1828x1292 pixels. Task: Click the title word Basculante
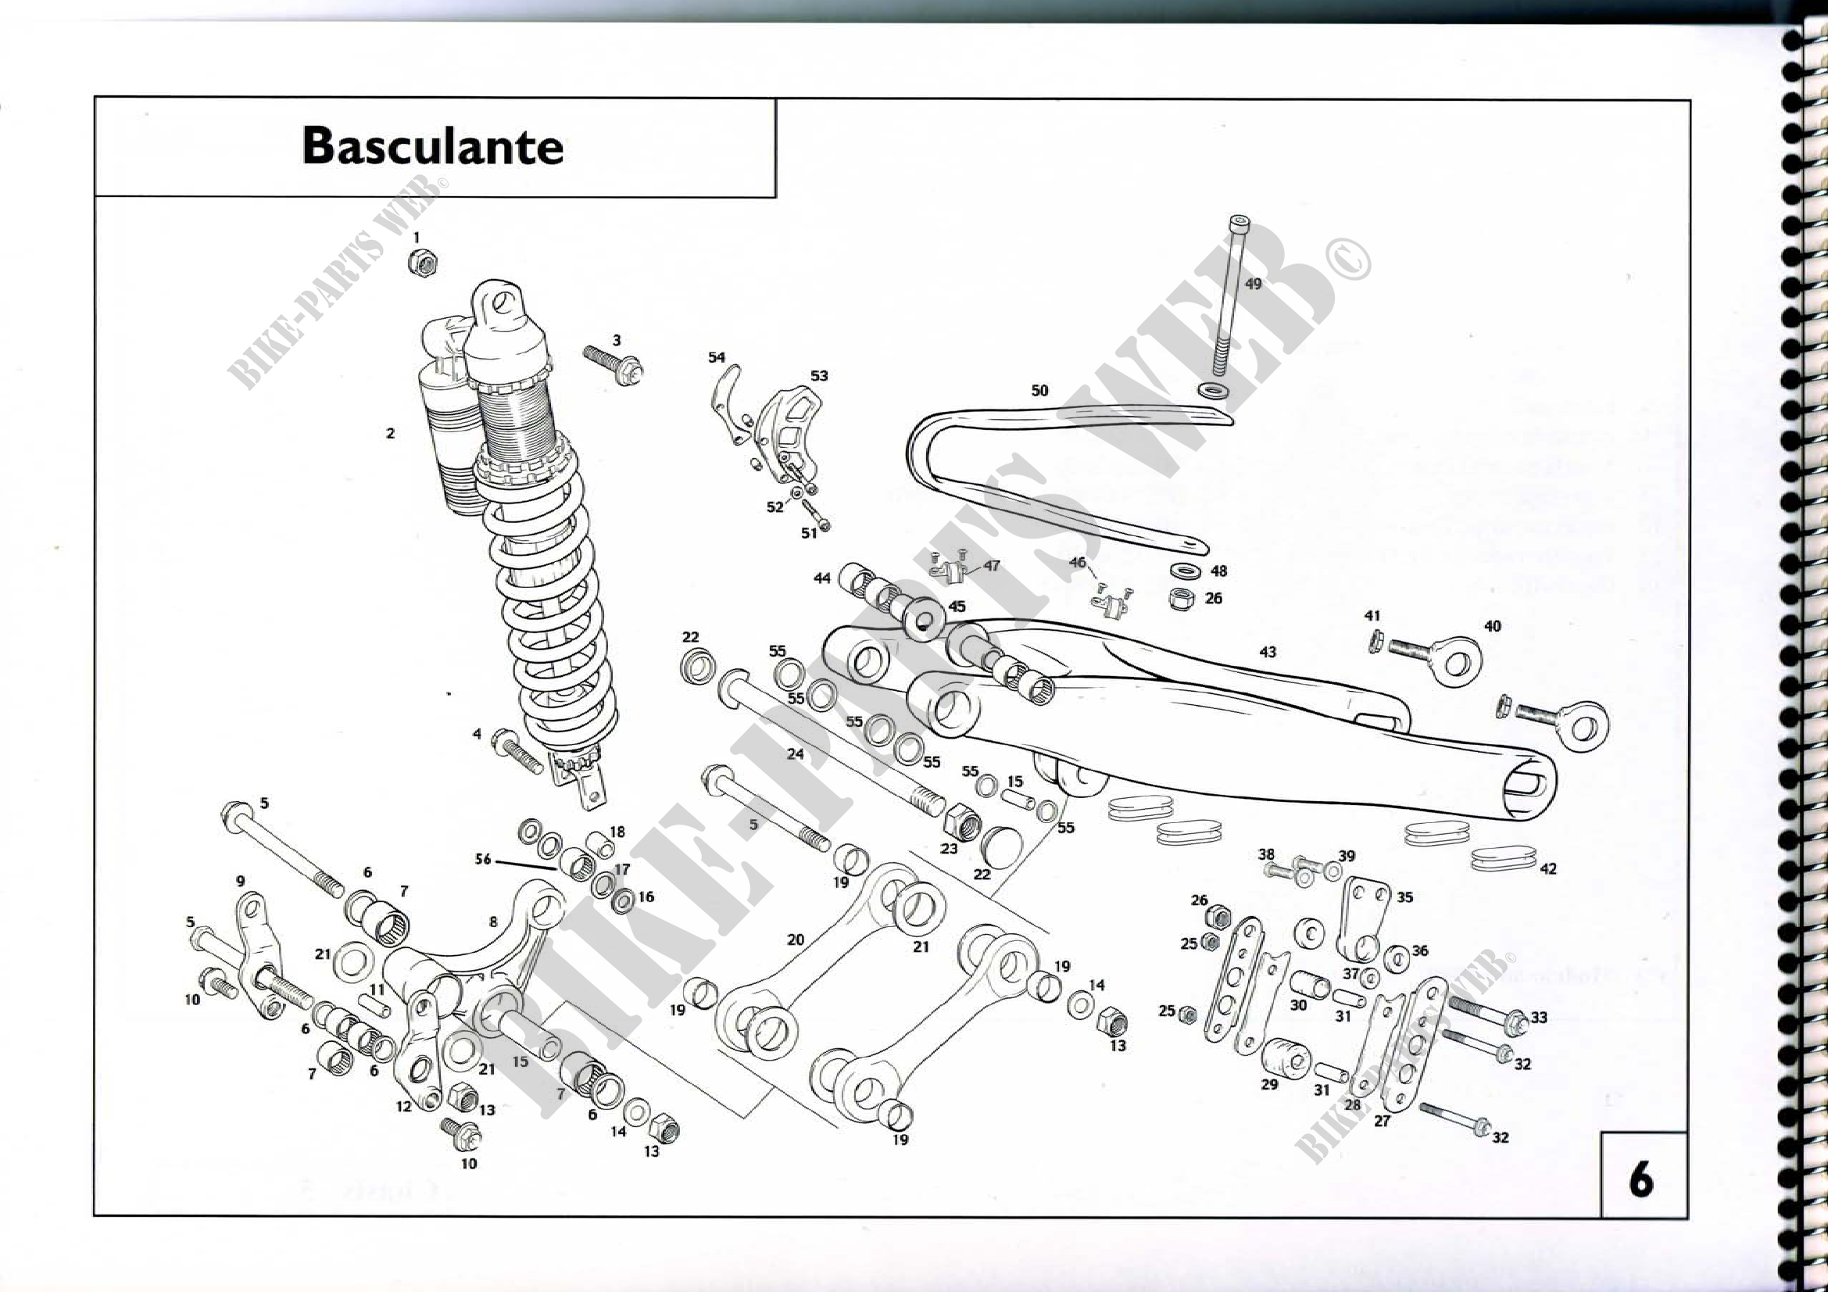432,147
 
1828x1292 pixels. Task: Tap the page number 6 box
1642,1178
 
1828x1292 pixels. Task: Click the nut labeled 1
423,262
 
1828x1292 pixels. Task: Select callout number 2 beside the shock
390,434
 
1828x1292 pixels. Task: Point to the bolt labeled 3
613,365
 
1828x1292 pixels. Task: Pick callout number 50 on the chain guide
1039,391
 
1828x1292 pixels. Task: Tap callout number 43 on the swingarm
1268,652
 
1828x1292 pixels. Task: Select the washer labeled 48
1187,571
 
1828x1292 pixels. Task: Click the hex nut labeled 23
961,822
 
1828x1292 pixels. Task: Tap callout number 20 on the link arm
796,939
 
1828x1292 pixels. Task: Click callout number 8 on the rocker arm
493,922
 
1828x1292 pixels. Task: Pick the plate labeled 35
1365,919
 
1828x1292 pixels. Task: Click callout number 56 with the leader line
482,860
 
